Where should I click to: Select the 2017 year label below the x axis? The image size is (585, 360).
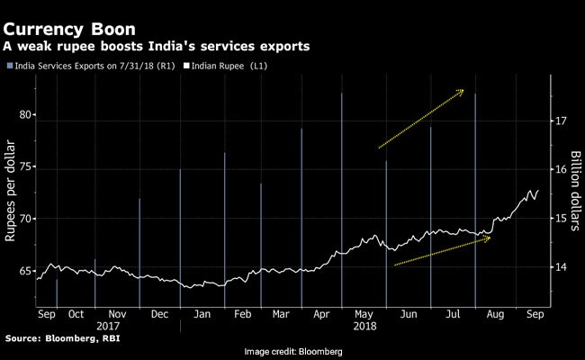108,326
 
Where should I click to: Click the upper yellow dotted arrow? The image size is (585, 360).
421,118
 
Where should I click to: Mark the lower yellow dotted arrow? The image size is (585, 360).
442,251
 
